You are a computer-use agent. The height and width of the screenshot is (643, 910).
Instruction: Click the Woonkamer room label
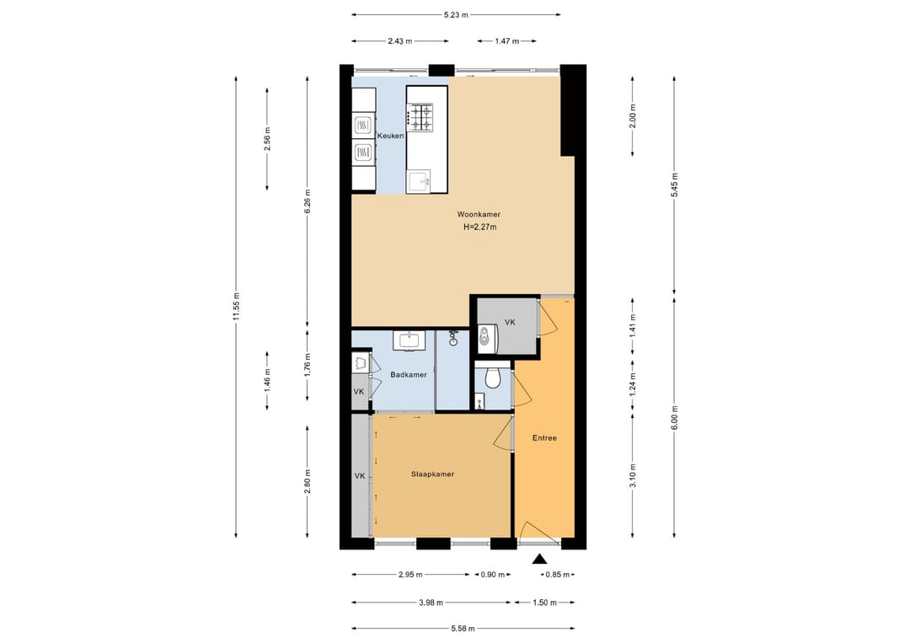(479, 214)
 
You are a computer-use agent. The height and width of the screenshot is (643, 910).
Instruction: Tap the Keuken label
(391, 136)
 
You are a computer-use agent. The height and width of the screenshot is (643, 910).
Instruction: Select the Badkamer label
(409, 375)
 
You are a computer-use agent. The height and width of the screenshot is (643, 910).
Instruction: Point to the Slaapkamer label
(432, 474)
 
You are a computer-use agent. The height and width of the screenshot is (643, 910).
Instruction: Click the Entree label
(544, 438)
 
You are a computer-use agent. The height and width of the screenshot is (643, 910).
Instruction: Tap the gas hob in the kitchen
(420, 117)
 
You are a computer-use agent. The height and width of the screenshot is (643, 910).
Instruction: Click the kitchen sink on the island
(418, 181)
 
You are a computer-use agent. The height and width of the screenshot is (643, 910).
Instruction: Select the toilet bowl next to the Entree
(493, 378)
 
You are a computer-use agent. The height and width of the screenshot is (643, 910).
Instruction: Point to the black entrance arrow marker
(540, 559)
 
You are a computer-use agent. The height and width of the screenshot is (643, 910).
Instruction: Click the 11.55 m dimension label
(236, 306)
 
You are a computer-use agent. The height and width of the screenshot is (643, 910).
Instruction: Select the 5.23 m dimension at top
(456, 15)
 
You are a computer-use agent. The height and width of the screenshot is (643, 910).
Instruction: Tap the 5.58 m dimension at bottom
(463, 629)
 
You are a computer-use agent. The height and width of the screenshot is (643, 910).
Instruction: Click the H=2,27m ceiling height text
(479, 227)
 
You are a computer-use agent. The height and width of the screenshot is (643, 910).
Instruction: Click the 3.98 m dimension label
(431, 603)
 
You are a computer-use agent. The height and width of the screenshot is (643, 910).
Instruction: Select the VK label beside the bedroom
(360, 476)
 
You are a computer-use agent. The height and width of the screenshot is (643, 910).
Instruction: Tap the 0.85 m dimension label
(558, 575)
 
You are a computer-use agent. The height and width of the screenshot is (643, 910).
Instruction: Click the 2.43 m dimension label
(400, 41)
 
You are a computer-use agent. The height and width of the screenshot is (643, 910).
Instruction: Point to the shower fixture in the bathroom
(452, 337)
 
